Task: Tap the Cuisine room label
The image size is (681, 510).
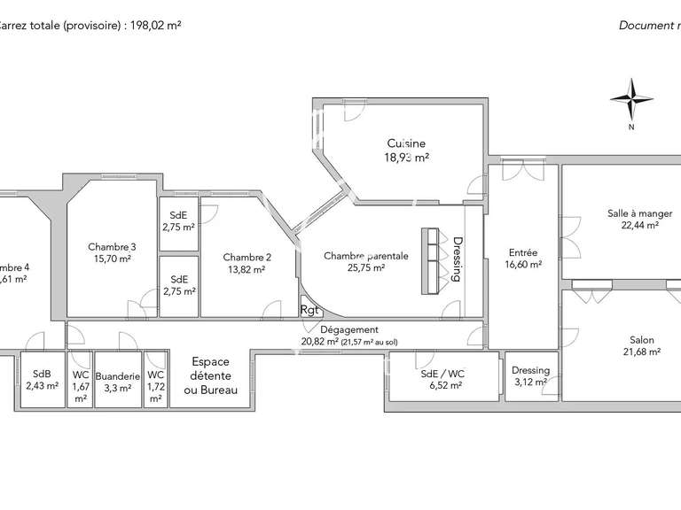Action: (x=406, y=143)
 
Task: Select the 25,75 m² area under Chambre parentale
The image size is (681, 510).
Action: (x=366, y=267)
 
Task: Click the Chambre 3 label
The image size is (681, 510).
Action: (x=112, y=247)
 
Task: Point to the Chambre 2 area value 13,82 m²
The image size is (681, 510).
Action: (x=247, y=270)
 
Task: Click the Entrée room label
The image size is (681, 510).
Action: (x=522, y=252)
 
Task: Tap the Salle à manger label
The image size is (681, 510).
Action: (x=639, y=213)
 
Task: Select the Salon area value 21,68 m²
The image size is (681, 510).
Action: (x=641, y=352)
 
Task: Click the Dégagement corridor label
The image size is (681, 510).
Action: (x=349, y=328)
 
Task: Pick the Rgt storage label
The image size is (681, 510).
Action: (x=309, y=310)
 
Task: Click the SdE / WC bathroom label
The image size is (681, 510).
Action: (x=442, y=373)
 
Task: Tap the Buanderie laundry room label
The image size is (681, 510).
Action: (x=118, y=375)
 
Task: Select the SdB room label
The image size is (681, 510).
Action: (x=41, y=374)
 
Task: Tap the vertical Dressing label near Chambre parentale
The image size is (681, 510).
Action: (x=458, y=258)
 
